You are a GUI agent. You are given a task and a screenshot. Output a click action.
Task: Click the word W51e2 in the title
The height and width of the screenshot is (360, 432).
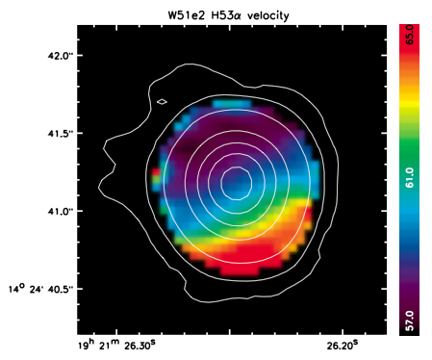point(186,15)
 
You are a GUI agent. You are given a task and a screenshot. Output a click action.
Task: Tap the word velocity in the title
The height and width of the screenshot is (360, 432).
point(268,16)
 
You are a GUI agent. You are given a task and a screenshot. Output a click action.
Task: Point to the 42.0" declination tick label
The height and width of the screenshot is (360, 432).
point(59,56)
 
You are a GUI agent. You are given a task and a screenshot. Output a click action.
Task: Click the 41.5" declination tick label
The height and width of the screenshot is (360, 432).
point(59,134)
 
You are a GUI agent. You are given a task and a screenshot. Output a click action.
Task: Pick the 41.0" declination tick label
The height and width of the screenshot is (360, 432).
point(59,212)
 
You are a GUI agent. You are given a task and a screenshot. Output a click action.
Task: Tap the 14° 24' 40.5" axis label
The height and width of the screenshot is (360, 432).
point(41,289)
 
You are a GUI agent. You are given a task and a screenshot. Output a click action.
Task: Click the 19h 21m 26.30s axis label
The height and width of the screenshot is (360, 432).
point(117,346)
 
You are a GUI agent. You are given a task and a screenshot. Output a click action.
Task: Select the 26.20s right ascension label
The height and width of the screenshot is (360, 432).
point(343,346)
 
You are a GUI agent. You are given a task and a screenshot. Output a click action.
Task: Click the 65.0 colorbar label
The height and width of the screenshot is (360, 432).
point(410,35)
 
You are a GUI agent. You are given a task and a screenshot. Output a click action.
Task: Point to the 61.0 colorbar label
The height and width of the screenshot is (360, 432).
point(410,177)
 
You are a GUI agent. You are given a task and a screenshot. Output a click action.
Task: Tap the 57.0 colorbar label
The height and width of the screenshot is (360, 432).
point(410,321)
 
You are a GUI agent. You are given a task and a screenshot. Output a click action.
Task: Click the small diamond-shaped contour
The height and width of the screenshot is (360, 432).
point(163,102)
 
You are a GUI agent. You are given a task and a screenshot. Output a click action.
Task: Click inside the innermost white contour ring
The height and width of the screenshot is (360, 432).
point(236,184)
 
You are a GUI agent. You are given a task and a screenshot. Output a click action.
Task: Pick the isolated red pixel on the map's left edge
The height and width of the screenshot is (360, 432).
point(156,171)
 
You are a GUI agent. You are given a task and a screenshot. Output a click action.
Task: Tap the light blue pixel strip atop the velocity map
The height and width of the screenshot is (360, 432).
point(232,104)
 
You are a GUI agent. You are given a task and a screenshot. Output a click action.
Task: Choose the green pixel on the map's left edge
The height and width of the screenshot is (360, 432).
point(156,180)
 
